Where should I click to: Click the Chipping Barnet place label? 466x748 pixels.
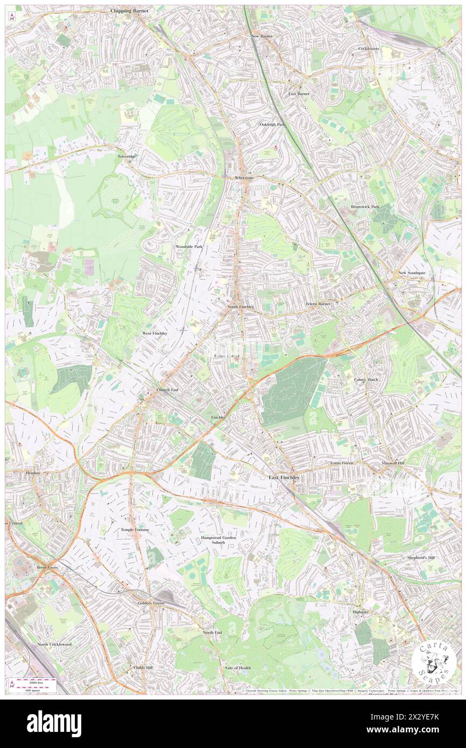129,10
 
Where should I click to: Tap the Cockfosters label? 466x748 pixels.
369,48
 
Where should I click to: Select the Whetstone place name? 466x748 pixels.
245,177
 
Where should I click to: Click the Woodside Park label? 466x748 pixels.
188,246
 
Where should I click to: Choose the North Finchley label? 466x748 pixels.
241,306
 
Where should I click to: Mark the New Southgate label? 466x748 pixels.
412,273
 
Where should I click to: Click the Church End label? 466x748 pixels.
167,390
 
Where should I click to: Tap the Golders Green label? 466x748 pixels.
150,603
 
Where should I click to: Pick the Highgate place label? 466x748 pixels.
360,612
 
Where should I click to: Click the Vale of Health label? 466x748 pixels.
237,668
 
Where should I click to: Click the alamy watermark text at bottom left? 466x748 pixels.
54,724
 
